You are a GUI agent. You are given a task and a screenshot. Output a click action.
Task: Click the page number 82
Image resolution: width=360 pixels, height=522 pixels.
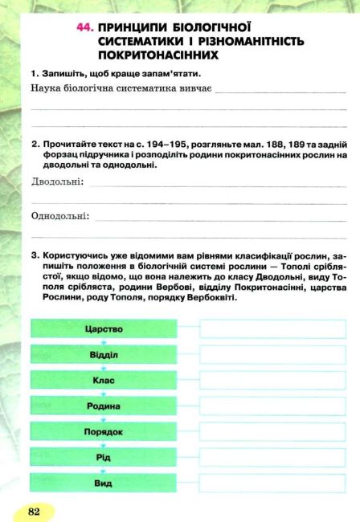pyautogui.click(x=34, y=510)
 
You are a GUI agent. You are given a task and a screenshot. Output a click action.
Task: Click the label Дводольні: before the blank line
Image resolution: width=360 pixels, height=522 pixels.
pyautogui.click(x=57, y=183)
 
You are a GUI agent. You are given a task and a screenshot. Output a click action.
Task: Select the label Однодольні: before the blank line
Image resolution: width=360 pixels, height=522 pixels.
pyautogui.click(x=60, y=216)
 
